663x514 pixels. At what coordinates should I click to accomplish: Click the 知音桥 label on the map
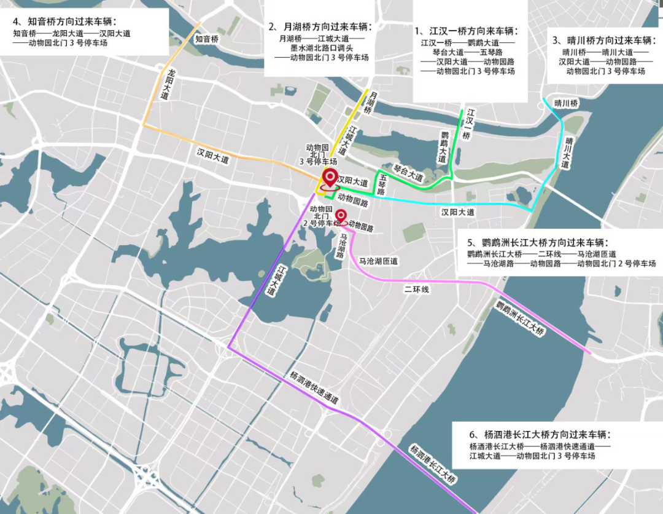pyautogui.click(x=207, y=39)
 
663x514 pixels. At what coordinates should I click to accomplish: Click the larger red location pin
pyautogui.click(x=330, y=178)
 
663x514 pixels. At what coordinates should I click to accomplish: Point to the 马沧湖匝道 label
pyautogui.click(x=378, y=261)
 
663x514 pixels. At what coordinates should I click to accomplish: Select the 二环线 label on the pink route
pyautogui.click(x=416, y=289)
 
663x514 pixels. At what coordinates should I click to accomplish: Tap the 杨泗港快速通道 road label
pyautogui.click(x=313, y=386)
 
